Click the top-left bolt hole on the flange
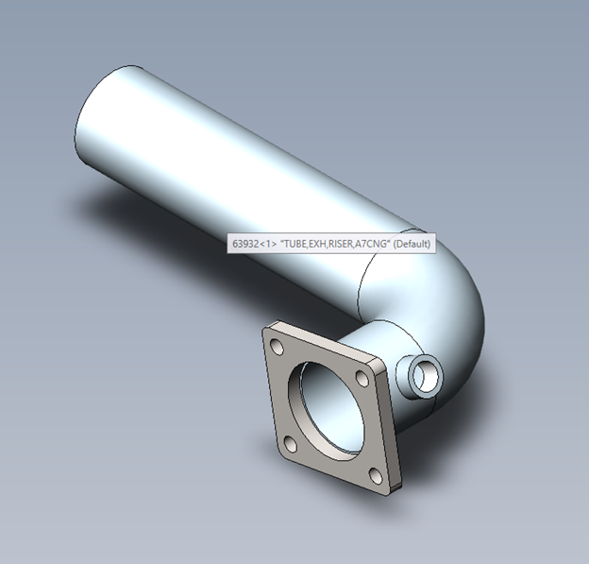(277, 347)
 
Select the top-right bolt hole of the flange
(362, 378)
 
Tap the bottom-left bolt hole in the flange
(291, 444)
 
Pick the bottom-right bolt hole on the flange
(376, 476)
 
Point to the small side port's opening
(425, 376)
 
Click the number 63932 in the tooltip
(245, 244)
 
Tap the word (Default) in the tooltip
(412, 244)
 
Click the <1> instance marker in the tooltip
(268, 244)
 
